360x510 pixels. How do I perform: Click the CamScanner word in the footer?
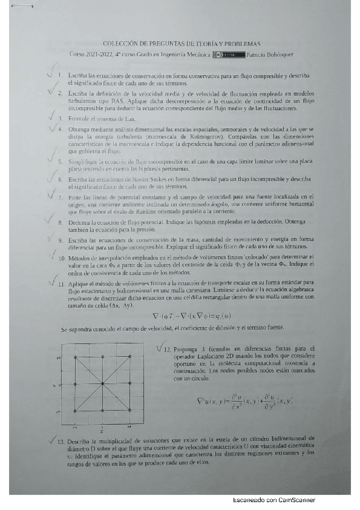296,500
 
